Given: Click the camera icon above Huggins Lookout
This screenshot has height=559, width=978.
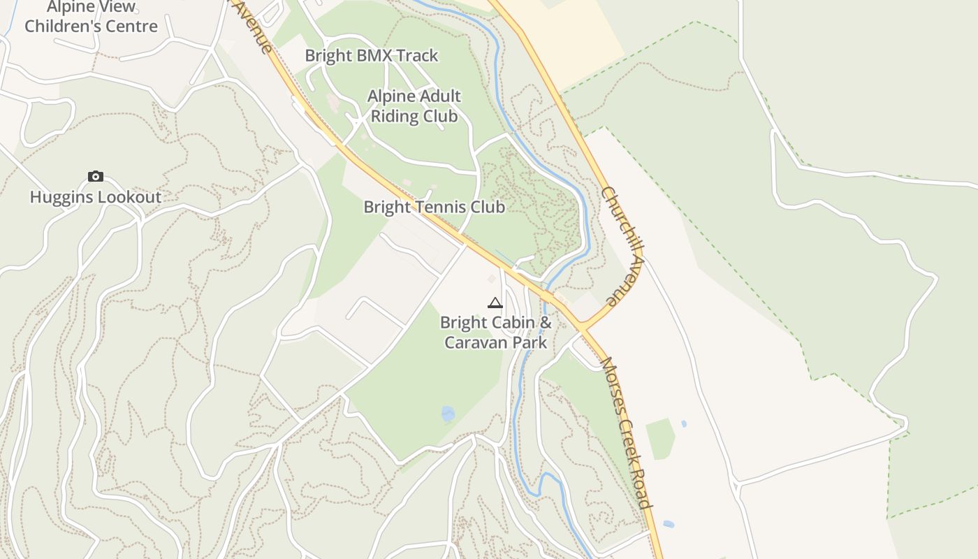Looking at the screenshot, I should coord(96,177).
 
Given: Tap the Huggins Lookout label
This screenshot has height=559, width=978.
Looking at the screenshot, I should coord(96,197).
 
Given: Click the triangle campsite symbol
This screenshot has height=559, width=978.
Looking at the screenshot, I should coord(495,303).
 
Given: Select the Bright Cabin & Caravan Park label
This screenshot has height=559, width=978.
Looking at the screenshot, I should coord(495,333).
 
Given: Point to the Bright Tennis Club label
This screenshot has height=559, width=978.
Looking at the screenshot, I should coord(434,207).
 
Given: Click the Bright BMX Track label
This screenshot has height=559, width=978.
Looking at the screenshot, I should coord(372,55).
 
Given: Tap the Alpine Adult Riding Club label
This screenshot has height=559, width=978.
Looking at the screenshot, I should coord(414,106).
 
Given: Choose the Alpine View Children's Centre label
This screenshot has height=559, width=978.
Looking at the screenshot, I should coord(91,17).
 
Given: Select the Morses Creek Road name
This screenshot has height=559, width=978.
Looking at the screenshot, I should coord(627,433).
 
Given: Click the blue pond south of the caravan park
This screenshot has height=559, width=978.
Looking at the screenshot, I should coord(448,414).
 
